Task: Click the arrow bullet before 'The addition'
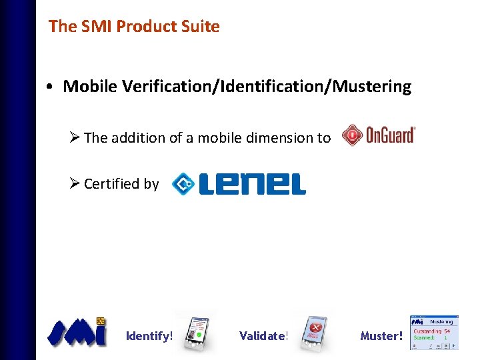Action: pyautogui.click(x=75, y=137)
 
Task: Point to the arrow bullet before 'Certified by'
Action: pyautogui.click(x=75, y=183)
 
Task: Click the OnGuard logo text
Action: pyautogui.click(x=390, y=135)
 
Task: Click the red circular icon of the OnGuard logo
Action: pyautogui.click(x=351, y=136)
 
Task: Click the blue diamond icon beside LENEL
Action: pyautogui.click(x=181, y=184)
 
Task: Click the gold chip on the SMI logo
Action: pyautogui.click(x=101, y=321)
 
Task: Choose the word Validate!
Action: pyautogui.click(x=263, y=336)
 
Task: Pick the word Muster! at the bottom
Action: pyautogui.click(x=381, y=336)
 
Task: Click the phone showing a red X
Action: pyautogui.click(x=311, y=331)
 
